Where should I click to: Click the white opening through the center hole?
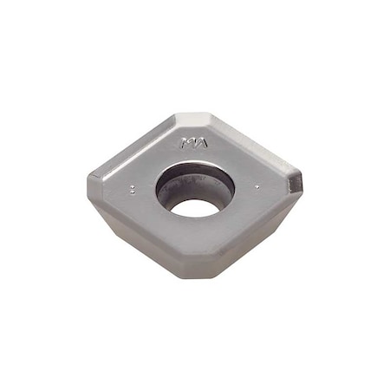tap(194, 207)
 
